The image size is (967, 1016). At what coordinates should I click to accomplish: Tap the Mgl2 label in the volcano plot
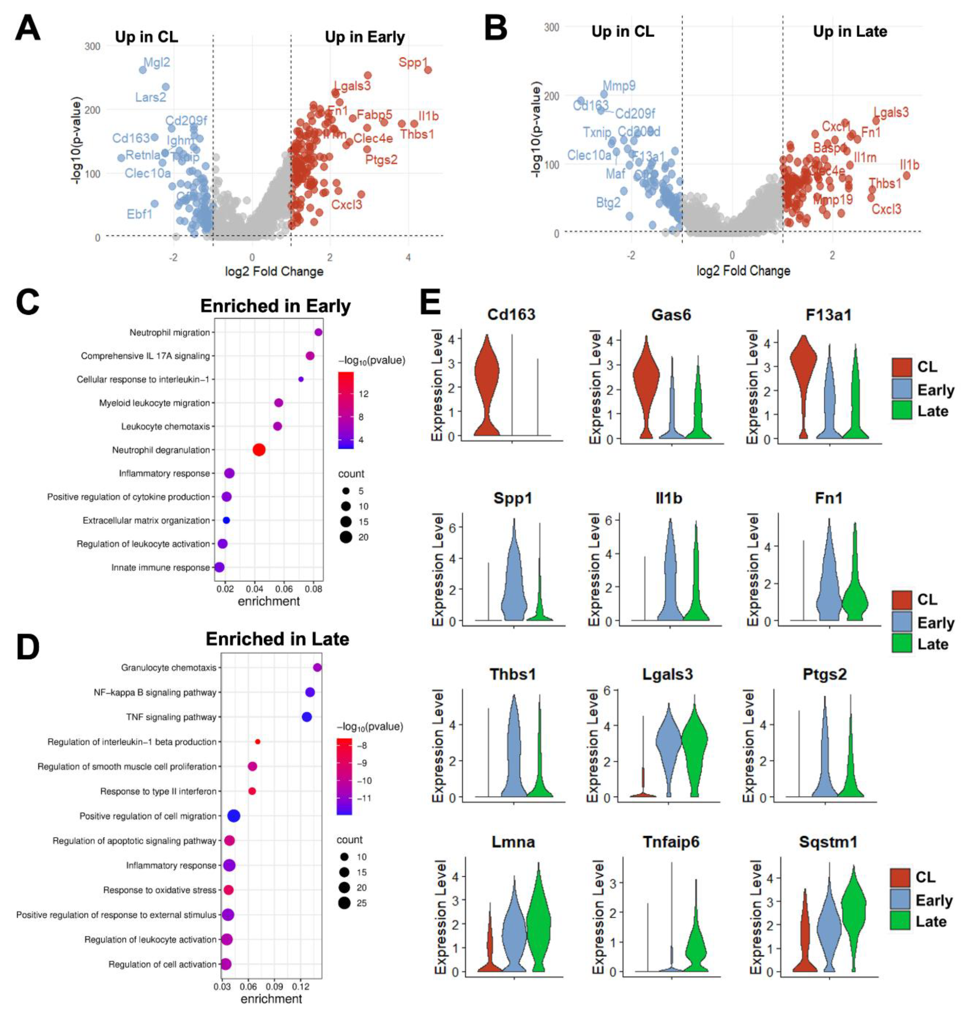click(x=157, y=62)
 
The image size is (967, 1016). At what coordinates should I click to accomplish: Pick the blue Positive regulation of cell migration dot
click(x=234, y=816)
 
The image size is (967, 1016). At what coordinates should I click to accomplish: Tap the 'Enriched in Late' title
click(x=277, y=639)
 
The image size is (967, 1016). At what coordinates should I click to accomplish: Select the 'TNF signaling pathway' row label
click(x=171, y=717)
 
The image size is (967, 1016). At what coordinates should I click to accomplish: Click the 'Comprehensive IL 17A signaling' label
click(x=145, y=356)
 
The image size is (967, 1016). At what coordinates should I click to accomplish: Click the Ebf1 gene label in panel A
click(x=140, y=213)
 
